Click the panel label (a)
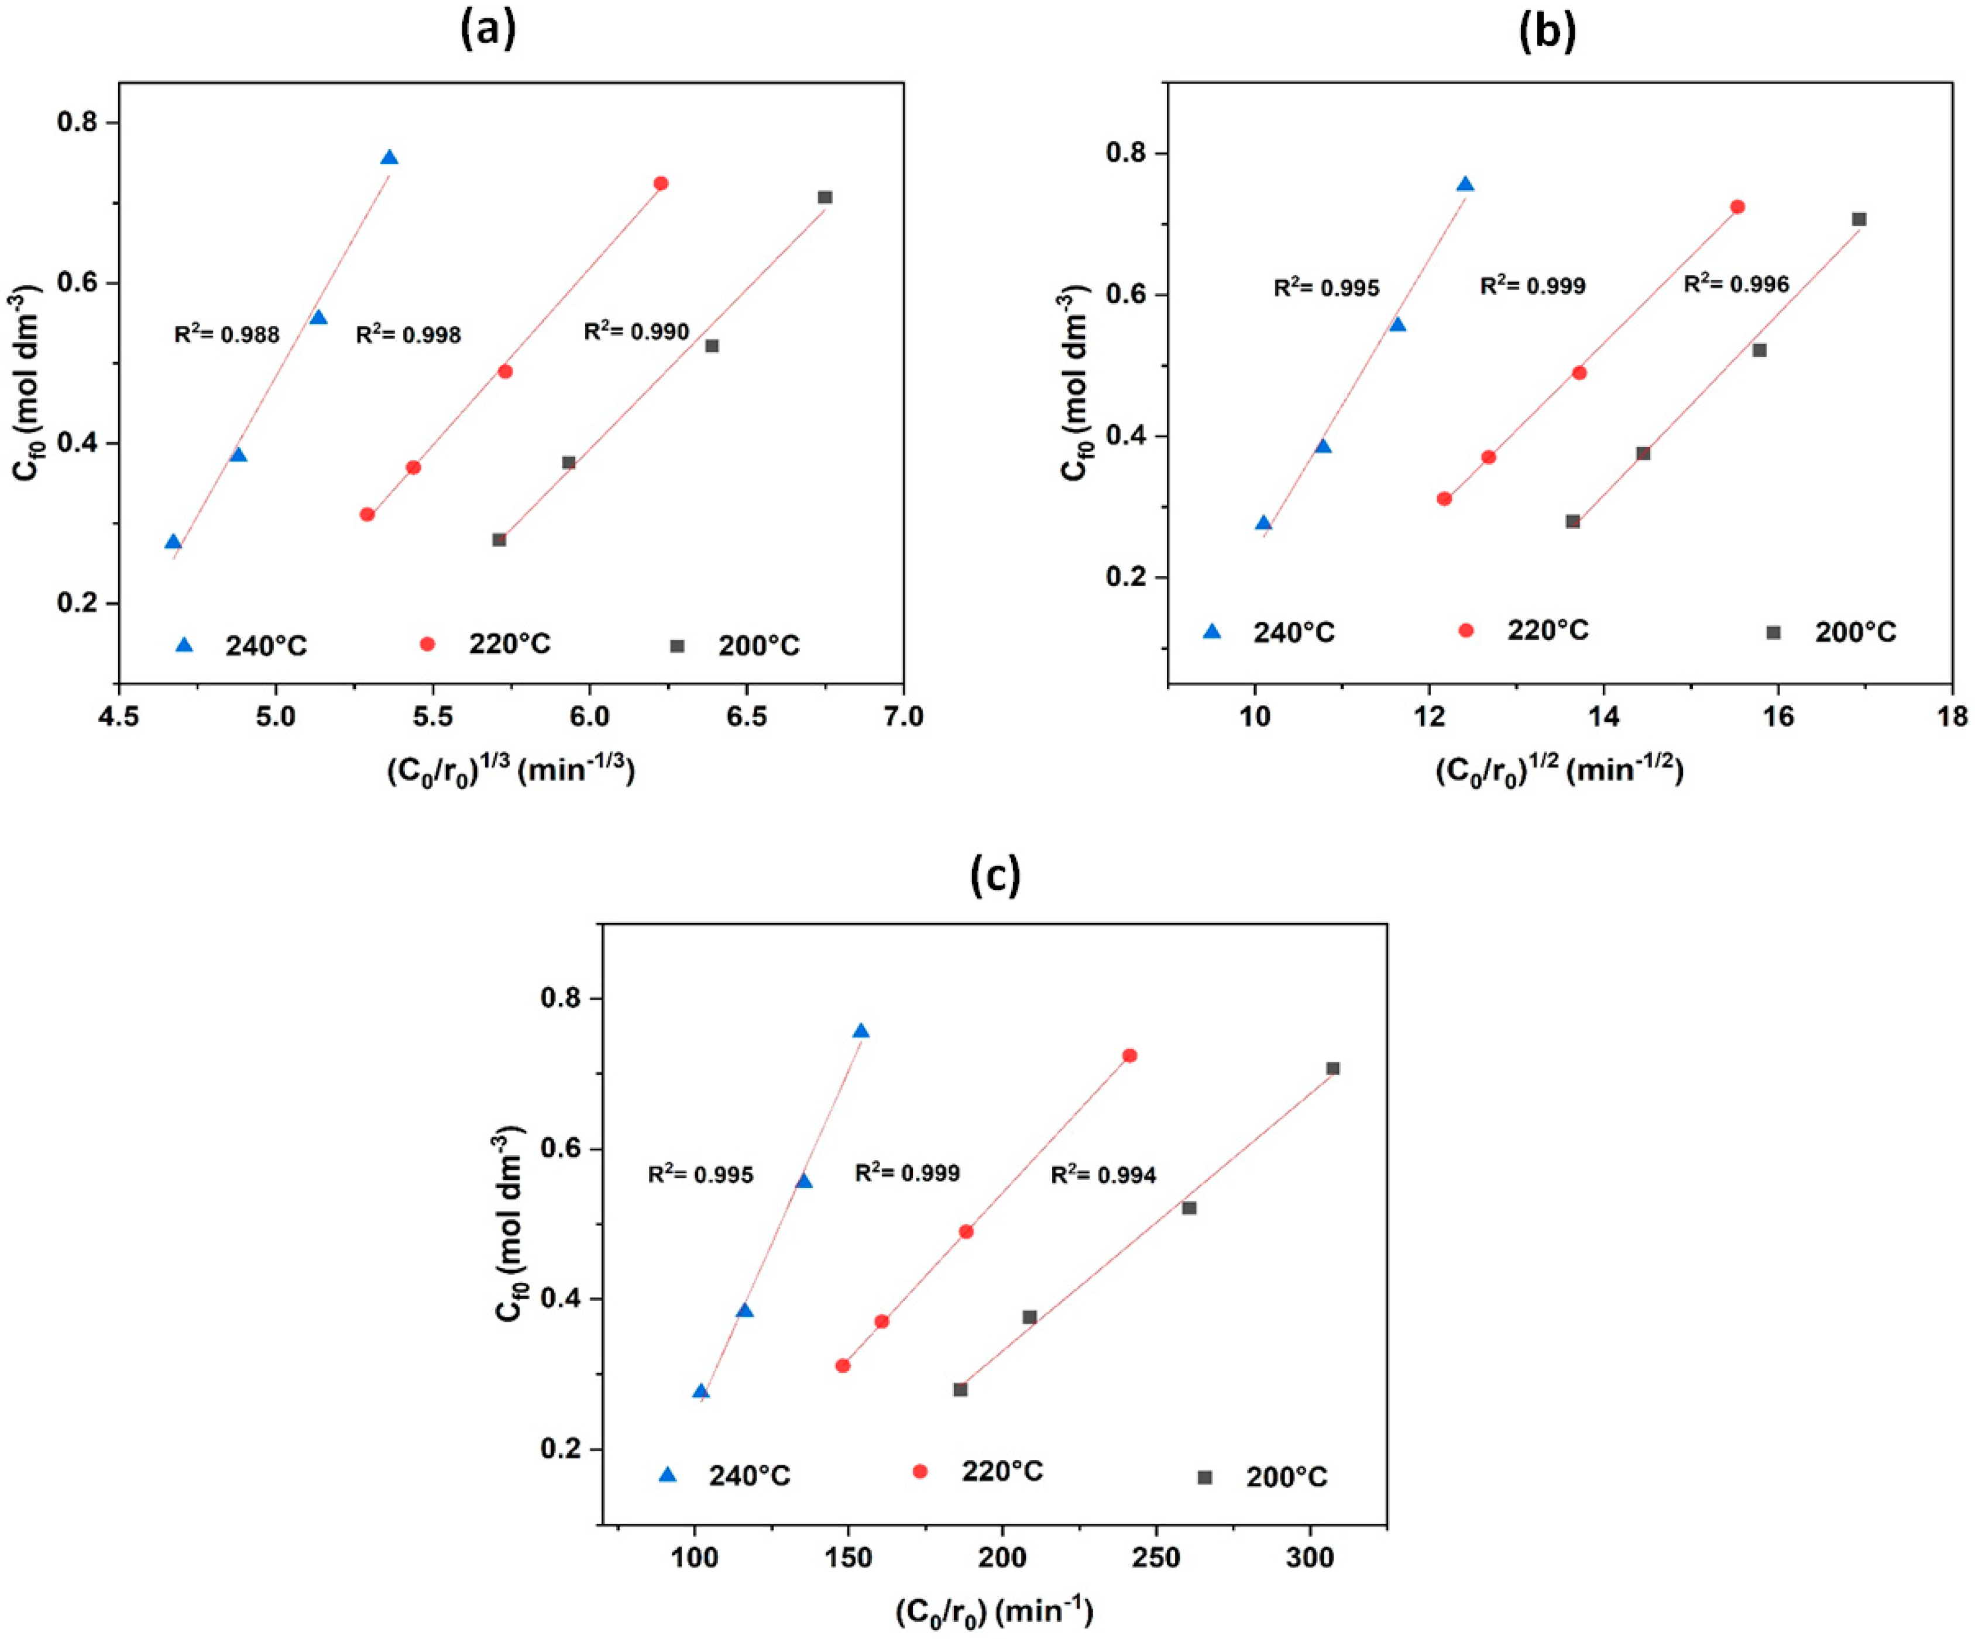click(x=488, y=31)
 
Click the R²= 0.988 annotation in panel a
click(x=226, y=334)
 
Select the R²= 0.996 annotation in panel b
click(x=1736, y=283)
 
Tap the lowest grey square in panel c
click(x=960, y=1390)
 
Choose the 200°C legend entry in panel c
click(x=1265, y=1477)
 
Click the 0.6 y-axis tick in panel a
click(x=81, y=283)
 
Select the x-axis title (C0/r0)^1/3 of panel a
click(x=511, y=771)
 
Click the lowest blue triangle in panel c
click(x=700, y=1392)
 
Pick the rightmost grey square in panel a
click(x=825, y=198)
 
